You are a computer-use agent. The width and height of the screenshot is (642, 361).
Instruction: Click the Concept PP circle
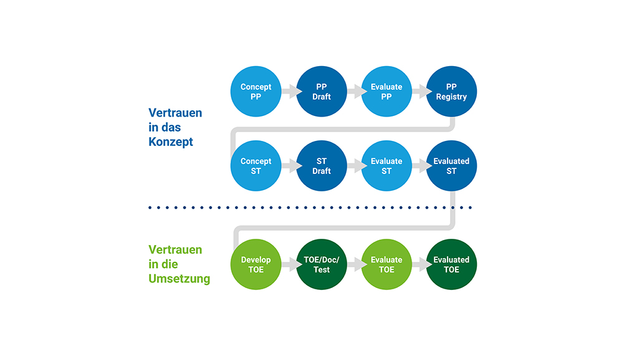[x=256, y=92]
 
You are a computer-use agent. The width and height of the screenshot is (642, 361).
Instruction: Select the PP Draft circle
[x=321, y=92]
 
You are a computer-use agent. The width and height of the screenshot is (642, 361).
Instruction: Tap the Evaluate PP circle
[x=386, y=92]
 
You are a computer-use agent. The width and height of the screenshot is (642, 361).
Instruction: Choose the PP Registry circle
[x=451, y=92]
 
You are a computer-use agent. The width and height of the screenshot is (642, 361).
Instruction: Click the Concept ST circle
[x=256, y=166]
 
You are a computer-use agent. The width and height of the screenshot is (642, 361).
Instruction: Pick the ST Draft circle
[x=321, y=166]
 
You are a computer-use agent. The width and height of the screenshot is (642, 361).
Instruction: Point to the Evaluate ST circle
[x=386, y=166]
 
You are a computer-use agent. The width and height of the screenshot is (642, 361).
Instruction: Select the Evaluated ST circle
[x=451, y=166]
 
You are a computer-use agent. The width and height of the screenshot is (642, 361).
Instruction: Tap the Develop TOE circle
[x=256, y=264]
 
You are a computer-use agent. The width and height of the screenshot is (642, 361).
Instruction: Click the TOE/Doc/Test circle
[x=321, y=264]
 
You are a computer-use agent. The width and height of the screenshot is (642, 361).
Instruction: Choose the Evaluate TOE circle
[x=386, y=264]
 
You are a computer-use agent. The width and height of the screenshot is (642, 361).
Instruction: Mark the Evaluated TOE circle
[x=451, y=264]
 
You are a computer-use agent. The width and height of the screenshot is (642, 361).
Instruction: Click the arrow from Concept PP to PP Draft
[x=289, y=92]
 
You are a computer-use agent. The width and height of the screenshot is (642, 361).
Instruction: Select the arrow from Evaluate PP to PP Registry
[x=419, y=92]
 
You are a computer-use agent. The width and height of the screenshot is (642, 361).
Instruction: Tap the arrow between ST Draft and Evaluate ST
[x=354, y=166]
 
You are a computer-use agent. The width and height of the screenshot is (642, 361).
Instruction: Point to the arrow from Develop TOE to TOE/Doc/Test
[x=289, y=264]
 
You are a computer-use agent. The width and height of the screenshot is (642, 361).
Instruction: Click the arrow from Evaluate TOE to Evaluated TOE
[x=419, y=264]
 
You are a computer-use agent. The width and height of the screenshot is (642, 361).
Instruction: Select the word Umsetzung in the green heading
[x=179, y=279]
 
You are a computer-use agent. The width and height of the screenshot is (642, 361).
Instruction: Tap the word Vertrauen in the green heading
[x=175, y=250]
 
